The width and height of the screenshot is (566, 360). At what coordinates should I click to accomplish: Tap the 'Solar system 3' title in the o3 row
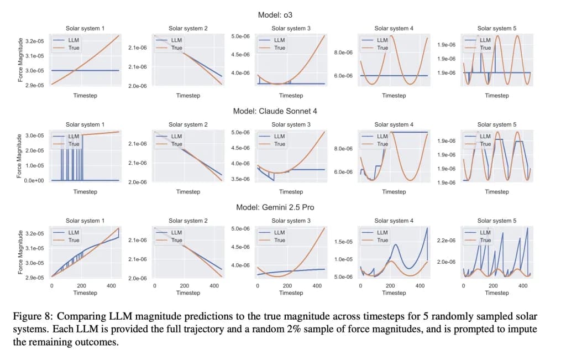291,28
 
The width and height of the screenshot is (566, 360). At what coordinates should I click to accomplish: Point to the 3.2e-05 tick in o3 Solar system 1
35,41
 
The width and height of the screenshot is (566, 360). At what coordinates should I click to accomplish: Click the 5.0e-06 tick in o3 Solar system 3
240,36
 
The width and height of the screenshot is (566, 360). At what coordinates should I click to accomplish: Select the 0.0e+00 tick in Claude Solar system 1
35,180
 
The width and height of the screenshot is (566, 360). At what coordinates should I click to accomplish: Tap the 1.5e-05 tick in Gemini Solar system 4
343,242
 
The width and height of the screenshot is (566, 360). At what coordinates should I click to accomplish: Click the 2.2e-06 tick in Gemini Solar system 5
446,241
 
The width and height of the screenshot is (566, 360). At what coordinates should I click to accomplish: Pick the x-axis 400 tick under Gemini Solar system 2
214,286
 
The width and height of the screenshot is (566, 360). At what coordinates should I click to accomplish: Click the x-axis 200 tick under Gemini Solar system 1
81,286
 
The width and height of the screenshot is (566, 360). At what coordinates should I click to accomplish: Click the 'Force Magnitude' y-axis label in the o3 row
20,60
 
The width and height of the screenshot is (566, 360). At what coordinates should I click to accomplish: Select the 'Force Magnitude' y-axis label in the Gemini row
20,252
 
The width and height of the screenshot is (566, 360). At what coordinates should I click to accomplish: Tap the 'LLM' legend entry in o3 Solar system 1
74,40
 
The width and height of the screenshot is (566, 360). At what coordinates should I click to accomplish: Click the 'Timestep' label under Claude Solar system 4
394,192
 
